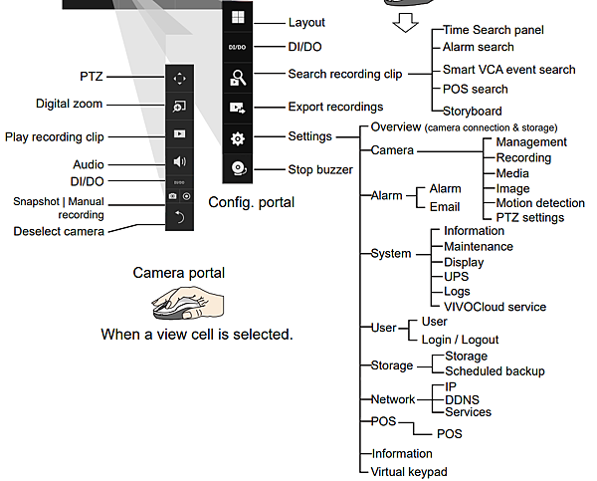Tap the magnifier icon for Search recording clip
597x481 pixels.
[x=238, y=77]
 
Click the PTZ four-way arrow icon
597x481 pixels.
[x=179, y=77]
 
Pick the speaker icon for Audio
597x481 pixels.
[x=179, y=161]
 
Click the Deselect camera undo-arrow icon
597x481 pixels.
[x=179, y=217]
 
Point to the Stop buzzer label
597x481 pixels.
[x=319, y=169]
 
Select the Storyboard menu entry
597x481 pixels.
[x=473, y=112]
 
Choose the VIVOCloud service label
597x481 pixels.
[x=495, y=307]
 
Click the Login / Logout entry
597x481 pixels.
[x=461, y=340]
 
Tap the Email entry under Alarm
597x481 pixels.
[x=444, y=207]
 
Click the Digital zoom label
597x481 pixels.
[x=69, y=104]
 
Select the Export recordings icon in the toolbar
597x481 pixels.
[x=238, y=107]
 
